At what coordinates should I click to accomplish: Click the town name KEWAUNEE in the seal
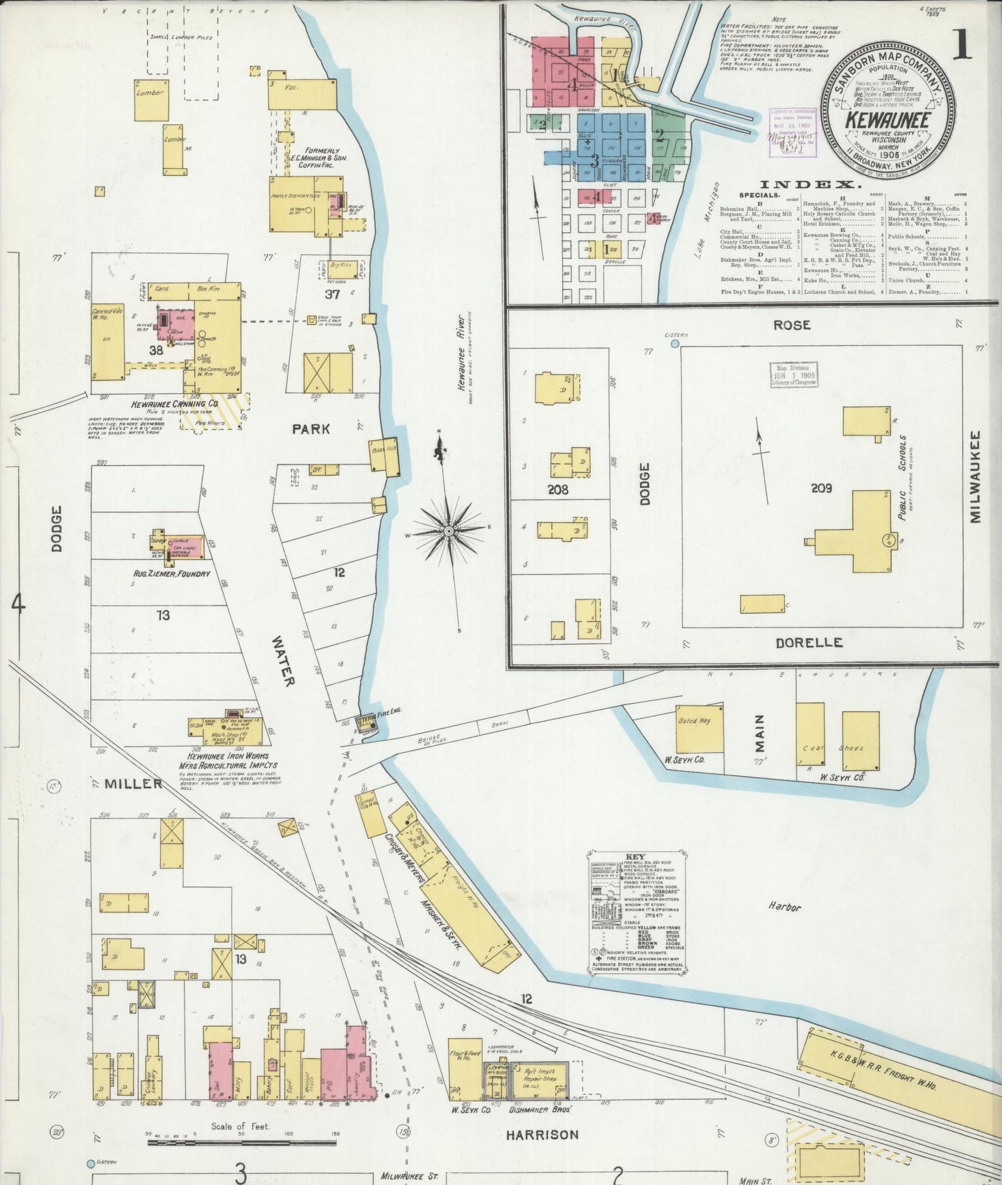click(x=887, y=119)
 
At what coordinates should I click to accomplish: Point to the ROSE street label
click(x=791, y=325)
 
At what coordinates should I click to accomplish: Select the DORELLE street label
click(x=809, y=643)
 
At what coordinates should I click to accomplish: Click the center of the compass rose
click(x=449, y=531)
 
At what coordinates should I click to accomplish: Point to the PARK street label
click(x=311, y=429)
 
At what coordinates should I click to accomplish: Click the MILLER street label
click(x=133, y=784)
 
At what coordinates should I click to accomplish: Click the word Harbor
click(x=784, y=906)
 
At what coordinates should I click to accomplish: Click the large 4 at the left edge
click(x=17, y=605)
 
